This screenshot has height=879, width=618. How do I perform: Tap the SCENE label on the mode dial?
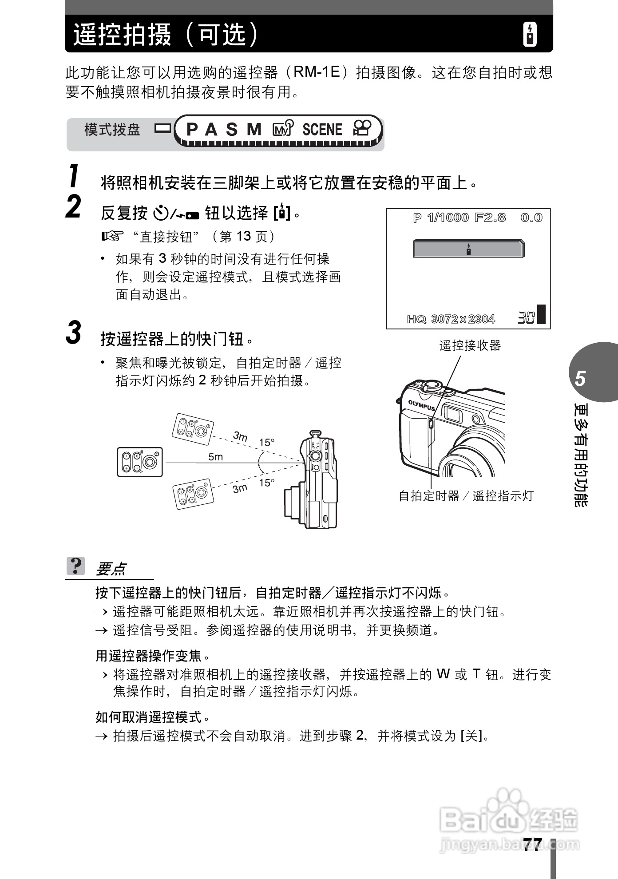pyautogui.click(x=322, y=130)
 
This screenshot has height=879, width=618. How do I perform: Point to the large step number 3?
pyautogui.click(x=74, y=333)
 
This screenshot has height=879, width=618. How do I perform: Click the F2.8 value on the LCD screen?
pyautogui.click(x=490, y=218)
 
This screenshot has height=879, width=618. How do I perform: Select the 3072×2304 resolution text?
pyautogui.click(x=463, y=319)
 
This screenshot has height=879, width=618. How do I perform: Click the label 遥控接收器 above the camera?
pyautogui.click(x=470, y=345)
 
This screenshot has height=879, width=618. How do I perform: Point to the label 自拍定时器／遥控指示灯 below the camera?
pyautogui.click(x=466, y=496)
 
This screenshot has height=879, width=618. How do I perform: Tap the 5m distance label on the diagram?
pyautogui.click(x=216, y=457)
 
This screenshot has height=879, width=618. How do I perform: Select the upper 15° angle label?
pyautogui.click(x=267, y=442)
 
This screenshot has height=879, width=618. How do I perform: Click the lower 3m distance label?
pyautogui.click(x=240, y=489)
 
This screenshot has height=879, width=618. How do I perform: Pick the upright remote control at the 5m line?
pyautogui.click(x=140, y=462)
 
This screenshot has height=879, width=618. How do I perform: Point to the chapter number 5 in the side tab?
pyautogui.click(x=580, y=379)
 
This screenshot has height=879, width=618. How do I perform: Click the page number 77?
pyautogui.click(x=532, y=844)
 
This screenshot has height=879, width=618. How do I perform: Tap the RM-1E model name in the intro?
pyautogui.click(x=317, y=72)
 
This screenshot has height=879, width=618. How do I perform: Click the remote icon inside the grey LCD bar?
pyautogui.click(x=468, y=249)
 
